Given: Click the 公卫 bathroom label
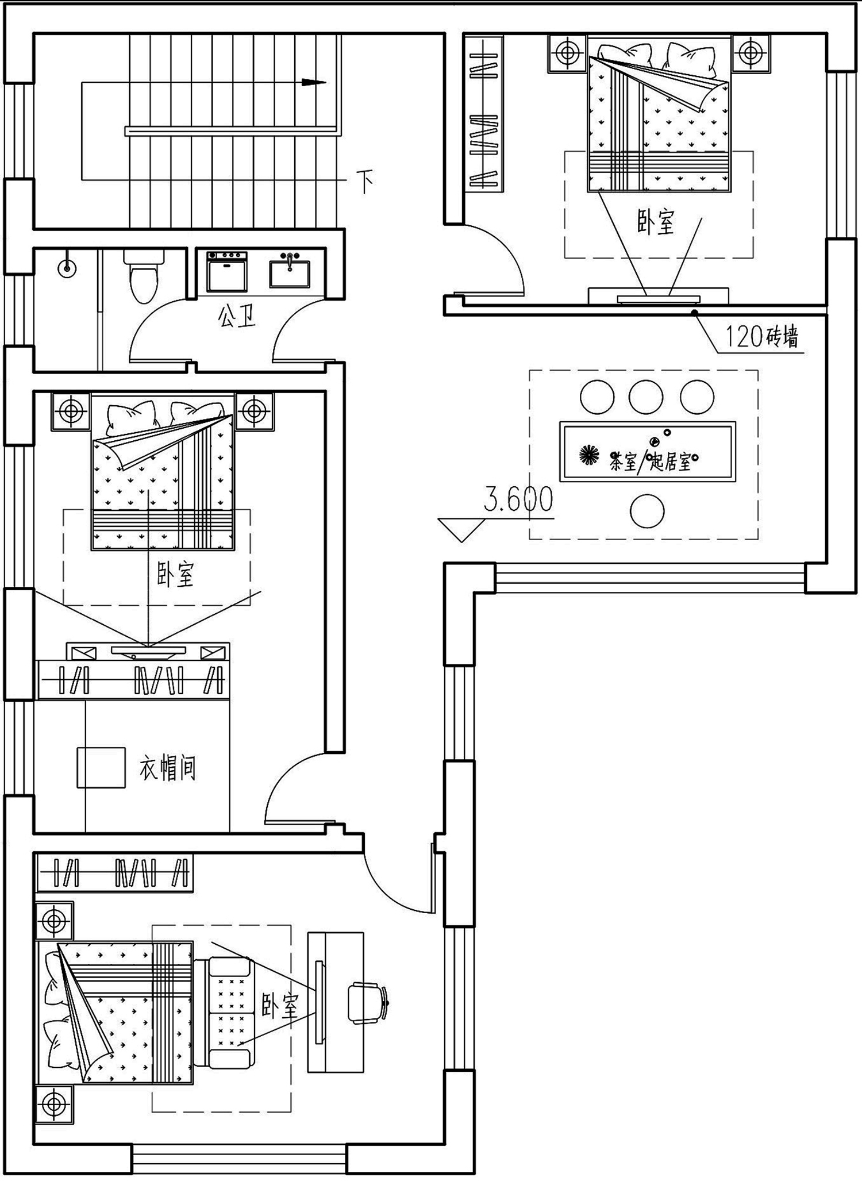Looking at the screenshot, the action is click(236, 316).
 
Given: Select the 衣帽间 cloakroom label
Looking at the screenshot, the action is click(168, 768).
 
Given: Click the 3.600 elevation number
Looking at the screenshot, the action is click(518, 499).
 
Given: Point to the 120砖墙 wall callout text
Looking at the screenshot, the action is click(761, 337).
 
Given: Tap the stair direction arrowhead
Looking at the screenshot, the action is click(314, 82).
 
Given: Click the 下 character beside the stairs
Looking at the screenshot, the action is click(365, 181).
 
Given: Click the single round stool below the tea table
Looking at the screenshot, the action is click(647, 511).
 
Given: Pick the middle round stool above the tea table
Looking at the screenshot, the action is click(646, 397).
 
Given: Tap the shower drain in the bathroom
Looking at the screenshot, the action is click(67, 267).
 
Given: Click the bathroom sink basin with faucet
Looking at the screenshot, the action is click(290, 270).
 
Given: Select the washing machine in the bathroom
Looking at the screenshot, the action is click(227, 271).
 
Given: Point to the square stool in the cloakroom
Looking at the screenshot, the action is click(101, 767).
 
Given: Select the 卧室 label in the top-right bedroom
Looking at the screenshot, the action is click(656, 222).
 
